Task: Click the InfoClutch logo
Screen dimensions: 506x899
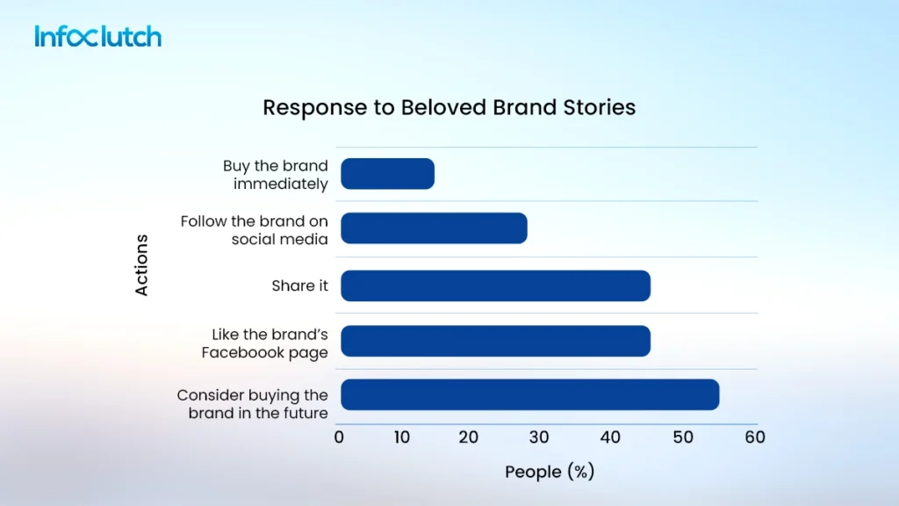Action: (x=98, y=37)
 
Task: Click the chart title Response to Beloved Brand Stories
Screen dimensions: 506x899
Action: (x=449, y=108)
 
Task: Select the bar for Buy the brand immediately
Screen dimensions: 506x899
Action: (x=387, y=174)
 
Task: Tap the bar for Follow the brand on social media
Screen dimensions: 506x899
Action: (x=434, y=228)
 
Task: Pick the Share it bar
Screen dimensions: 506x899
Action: (x=495, y=286)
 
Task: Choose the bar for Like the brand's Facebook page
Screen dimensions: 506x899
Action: (x=495, y=341)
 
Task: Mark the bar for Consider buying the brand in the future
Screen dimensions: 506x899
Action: (x=529, y=395)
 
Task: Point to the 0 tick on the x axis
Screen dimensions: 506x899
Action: (x=339, y=437)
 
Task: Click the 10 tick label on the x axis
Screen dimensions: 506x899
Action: (x=401, y=437)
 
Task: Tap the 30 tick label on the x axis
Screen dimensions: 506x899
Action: (x=538, y=437)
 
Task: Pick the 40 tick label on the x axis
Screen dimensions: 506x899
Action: (x=608, y=437)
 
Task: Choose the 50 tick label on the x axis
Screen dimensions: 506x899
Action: (x=678, y=437)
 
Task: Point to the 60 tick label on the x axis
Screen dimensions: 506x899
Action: (x=754, y=437)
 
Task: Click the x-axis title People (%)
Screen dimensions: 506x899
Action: (x=550, y=472)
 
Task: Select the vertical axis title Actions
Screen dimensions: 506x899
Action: (x=141, y=264)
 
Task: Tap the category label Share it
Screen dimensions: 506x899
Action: (x=299, y=286)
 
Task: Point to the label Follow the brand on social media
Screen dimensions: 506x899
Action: (x=255, y=230)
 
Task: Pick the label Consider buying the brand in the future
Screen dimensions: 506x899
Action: (x=253, y=404)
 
